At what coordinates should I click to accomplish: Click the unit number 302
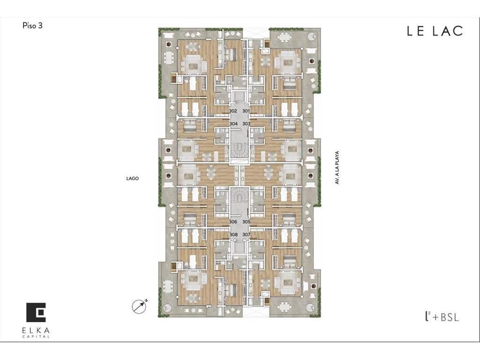pyautogui.click(x=233, y=111)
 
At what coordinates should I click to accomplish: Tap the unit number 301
pyautogui.click(x=246, y=111)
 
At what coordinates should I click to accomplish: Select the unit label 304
pyautogui.click(x=233, y=124)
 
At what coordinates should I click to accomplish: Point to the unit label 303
pyautogui.click(x=247, y=124)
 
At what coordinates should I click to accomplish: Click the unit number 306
pyautogui.click(x=233, y=222)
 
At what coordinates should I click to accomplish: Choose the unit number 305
pyautogui.click(x=247, y=222)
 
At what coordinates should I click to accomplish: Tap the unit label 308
pyautogui.click(x=233, y=234)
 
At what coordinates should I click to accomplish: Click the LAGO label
pyautogui.click(x=133, y=178)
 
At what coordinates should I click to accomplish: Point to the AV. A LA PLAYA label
pyautogui.click(x=337, y=167)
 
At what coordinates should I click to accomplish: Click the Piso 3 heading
pyautogui.click(x=32, y=26)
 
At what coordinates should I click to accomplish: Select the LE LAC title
pyautogui.click(x=435, y=31)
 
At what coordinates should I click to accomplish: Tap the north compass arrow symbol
pyautogui.click(x=140, y=306)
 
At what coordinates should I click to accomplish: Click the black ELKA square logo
pyautogui.click(x=36, y=312)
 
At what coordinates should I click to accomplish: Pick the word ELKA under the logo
pyautogui.click(x=36, y=330)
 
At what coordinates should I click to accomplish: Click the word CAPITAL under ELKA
pyautogui.click(x=36, y=337)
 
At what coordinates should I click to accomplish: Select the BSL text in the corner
pyautogui.click(x=450, y=317)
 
